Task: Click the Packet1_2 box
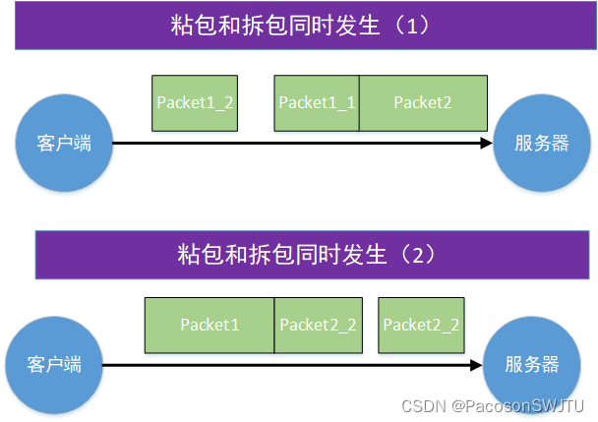click(195, 103)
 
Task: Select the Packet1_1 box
click(317, 103)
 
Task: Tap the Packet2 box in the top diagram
click(423, 103)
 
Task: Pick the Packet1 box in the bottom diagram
click(209, 325)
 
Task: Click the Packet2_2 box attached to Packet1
click(318, 325)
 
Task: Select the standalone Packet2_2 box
click(421, 325)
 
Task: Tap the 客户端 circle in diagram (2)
click(55, 365)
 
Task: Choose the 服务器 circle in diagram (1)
click(541, 144)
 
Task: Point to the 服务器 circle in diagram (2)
click(532, 365)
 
